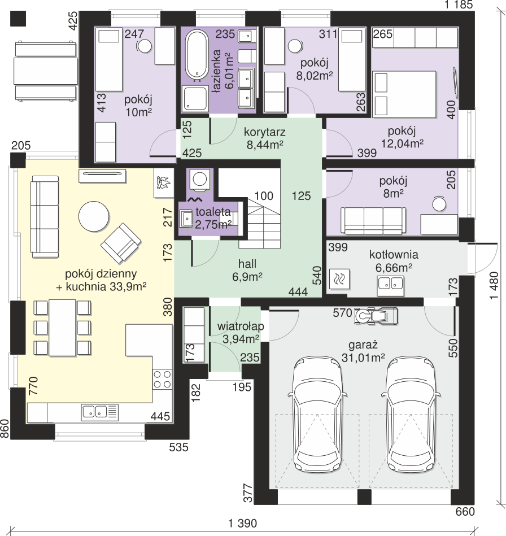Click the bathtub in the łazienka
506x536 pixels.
(x=197, y=55)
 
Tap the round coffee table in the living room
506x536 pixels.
(x=94, y=216)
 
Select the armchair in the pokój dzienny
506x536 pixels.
(x=121, y=243)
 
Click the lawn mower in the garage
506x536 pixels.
(x=376, y=316)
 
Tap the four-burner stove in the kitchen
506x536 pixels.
(x=162, y=380)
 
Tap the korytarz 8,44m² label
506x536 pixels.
(x=265, y=138)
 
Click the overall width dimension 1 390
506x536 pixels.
(x=242, y=523)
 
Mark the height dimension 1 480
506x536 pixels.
(x=494, y=285)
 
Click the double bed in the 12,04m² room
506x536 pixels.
(x=404, y=94)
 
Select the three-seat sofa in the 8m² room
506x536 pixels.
(x=373, y=220)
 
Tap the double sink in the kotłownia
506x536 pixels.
(x=390, y=286)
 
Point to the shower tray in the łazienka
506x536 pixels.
(x=195, y=98)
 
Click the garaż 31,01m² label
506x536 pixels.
(x=363, y=351)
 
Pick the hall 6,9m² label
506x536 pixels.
(x=247, y=270)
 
